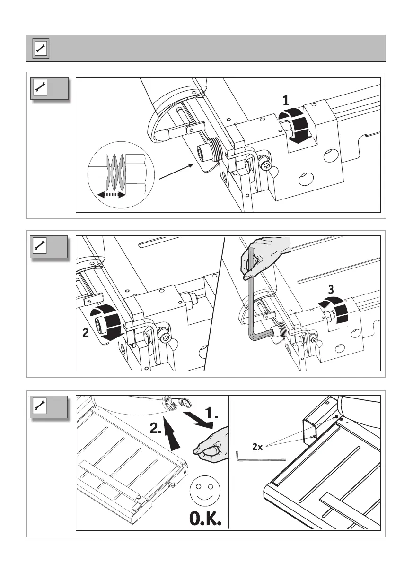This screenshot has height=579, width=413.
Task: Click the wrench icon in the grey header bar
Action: click(x=40, y=49)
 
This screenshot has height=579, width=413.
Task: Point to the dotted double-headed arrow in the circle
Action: click(x=108, y=194)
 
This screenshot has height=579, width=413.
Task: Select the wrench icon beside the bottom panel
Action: click(x=40, y=406)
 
